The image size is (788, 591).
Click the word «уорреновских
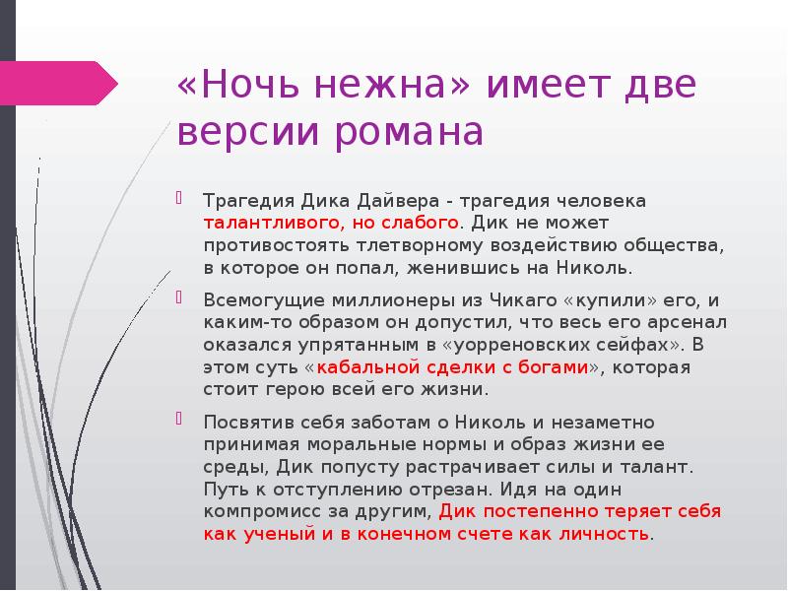(x=509, y=345)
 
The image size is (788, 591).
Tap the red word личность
(x=603, y=535)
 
